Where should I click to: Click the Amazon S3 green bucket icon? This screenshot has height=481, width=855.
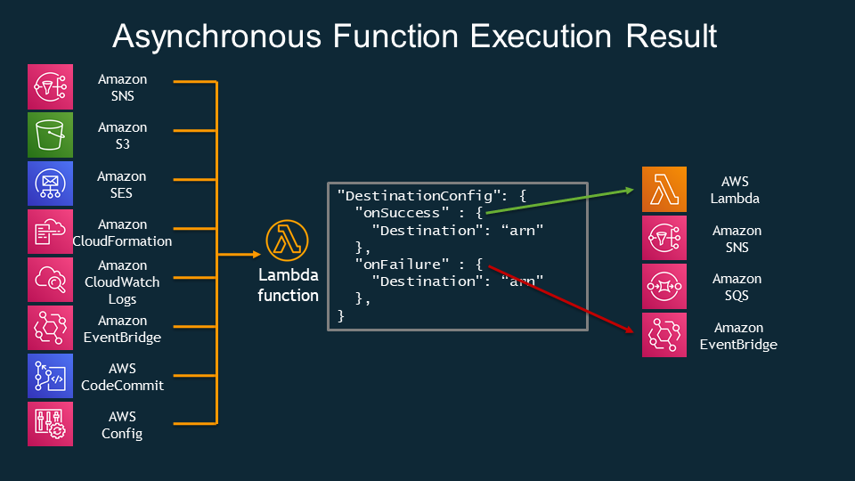click(50, 135)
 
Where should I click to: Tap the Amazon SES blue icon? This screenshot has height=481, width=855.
click(50, 183)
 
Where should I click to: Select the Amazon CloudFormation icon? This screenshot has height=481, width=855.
click(50, 232)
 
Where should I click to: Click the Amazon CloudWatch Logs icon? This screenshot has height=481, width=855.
click(50, 280)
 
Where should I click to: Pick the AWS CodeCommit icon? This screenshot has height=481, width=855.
click(50, 376)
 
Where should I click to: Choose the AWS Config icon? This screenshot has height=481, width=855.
click(50, 424)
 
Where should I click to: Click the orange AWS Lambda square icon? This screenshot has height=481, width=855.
click(664, 190)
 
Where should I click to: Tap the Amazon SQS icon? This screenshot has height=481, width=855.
click(664, 286)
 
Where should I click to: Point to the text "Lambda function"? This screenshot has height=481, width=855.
click(288, 285)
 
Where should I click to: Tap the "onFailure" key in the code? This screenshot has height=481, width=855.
click(402, 264)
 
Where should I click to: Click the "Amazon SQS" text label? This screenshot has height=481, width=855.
click(737, 286)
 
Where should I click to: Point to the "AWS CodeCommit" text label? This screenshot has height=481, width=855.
click(122, 376)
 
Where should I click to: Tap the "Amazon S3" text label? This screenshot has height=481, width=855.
click(122, 135)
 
